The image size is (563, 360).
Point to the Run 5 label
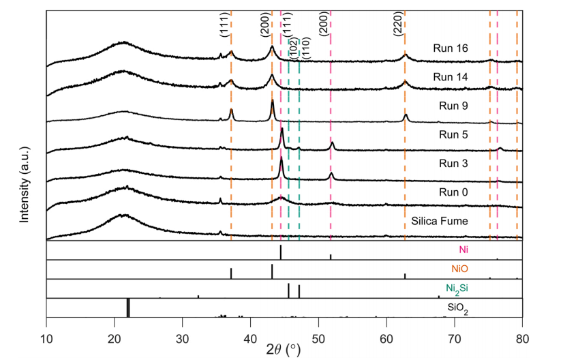point(453,134)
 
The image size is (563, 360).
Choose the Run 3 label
point(453,163)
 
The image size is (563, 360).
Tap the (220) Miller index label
point(398,27)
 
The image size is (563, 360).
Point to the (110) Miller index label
point(305,49)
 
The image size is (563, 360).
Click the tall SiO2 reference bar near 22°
point(128,308)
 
